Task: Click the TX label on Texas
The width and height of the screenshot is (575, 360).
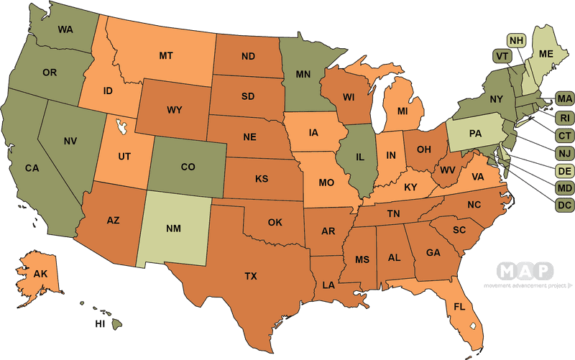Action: [x=250, y=276]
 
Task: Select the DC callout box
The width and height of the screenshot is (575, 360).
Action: [x=563, y=206]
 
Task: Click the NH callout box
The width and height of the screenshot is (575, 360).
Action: [x=516, y=40]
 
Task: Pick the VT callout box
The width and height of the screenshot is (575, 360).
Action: [x=501, y=56]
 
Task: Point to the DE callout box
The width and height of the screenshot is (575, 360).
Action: [x=563, y=170]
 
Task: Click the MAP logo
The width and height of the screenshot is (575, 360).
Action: [x=525, y=271]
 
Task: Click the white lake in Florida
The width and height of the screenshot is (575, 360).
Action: [x=472, y=325]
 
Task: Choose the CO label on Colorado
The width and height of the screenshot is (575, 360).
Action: [x=188, y=167]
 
